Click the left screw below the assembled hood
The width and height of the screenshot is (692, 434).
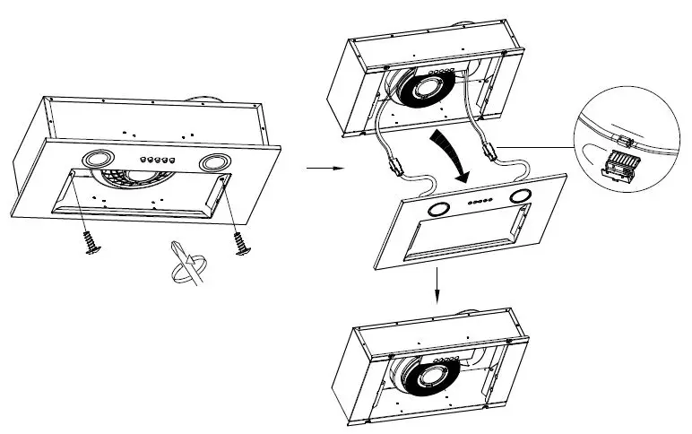tap(90, 242)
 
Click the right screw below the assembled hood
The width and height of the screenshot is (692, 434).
tap(239, 243)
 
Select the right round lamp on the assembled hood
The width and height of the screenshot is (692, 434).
tap(214, 164)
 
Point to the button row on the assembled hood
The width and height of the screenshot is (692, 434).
tap(154, 161)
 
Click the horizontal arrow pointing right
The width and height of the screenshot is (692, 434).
tap(319, 168)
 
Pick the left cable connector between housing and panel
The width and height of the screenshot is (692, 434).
tap(393, 165)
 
